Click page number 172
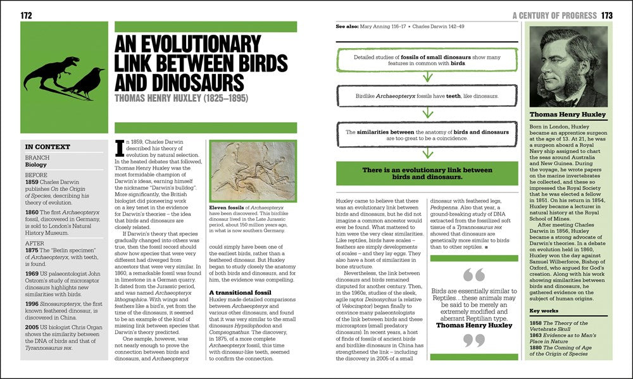click(x=27, y=15)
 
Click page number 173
click(x=607, y=15)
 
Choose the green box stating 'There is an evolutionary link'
click(x=427, y=173)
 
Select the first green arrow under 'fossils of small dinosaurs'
click(x=427, y=77)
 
